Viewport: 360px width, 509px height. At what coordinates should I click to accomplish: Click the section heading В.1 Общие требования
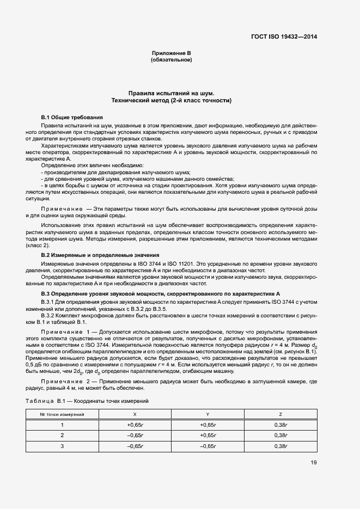point(72,118)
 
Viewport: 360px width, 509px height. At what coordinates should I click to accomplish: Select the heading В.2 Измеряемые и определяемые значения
point(100,255)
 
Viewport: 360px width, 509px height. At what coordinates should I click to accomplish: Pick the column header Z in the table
point(280,415)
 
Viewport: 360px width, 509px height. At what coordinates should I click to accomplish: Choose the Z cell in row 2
point(280,436)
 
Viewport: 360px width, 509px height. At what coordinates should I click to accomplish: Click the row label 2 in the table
point(62,436)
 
